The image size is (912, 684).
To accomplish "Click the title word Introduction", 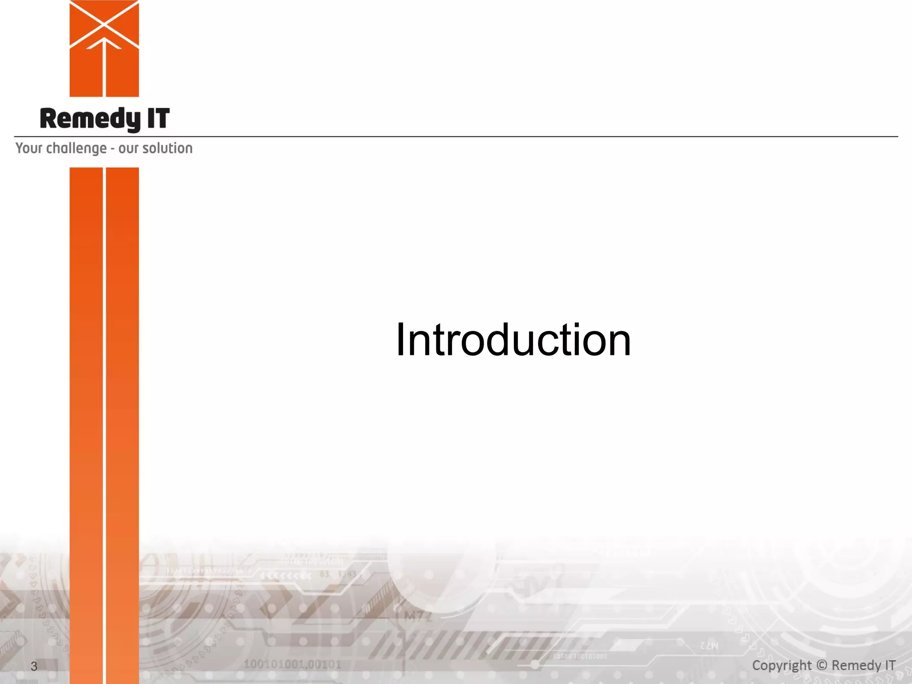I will tap(513, 340).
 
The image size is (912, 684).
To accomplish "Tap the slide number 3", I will tap(34, 666).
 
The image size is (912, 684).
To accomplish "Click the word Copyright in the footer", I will tap(782, 665).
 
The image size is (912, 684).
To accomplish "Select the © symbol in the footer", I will tap(822, 665).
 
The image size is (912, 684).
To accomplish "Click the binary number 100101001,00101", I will tap(292, 664).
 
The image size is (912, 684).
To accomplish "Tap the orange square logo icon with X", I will tap(104, 48).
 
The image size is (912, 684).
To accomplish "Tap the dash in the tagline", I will tap(113, 149).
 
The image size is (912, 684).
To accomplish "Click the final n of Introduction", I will tap(617, 344).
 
